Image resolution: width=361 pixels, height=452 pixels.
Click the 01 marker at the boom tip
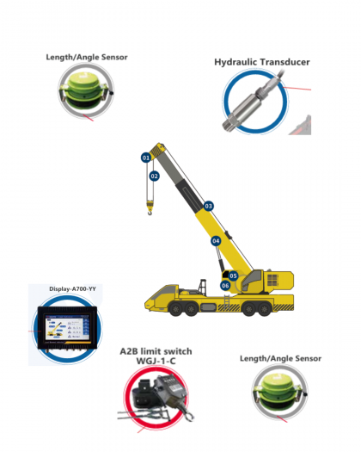145,158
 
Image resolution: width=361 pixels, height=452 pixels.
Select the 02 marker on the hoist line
154,176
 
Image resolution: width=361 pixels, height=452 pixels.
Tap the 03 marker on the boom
208,206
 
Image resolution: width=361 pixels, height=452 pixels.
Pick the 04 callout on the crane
216,241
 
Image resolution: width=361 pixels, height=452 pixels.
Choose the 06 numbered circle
225,285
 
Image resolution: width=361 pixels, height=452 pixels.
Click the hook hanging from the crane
147,207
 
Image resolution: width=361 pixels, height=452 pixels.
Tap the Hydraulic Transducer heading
261,62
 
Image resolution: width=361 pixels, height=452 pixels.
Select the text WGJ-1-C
156,362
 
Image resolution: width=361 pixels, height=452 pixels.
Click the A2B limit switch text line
156,351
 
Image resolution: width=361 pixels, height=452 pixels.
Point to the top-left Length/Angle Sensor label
86,58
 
